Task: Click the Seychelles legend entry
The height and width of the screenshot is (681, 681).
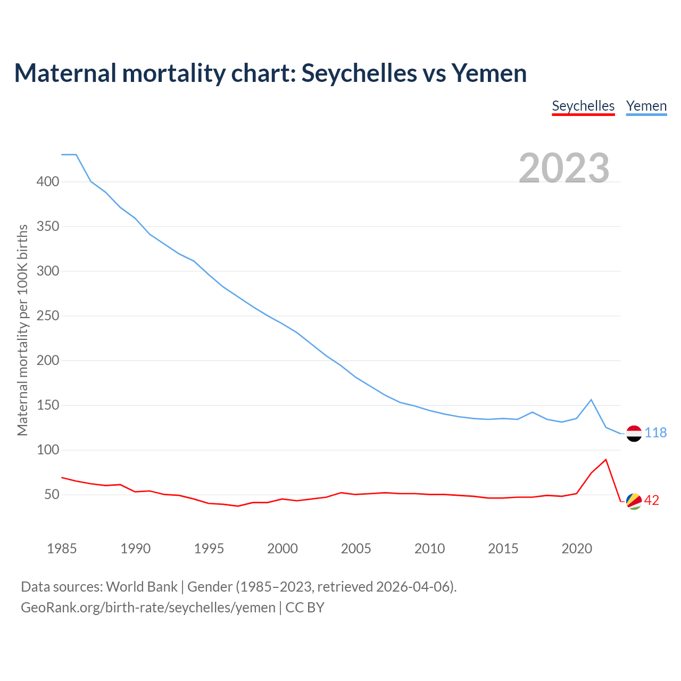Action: (x=583, y=106)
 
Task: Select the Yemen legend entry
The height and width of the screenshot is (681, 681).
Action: (x=646, y=106)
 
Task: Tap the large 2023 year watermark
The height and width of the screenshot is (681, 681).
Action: (x=564, y=168)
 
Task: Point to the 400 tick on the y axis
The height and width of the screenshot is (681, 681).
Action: (x=48, y=182)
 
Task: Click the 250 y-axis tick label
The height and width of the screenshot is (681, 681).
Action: (x=48, y=316)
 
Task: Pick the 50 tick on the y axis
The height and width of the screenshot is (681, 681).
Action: (x=52, y=495)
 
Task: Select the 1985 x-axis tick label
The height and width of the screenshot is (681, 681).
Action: (x=62, y=549)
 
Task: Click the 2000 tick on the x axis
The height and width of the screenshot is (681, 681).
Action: (x=283, y=549)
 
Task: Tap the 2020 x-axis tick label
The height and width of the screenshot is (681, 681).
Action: (x=577, y=549)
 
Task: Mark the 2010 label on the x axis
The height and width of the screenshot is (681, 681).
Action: (x=429, y=549)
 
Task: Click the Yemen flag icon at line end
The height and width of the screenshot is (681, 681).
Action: (x=634, y=434)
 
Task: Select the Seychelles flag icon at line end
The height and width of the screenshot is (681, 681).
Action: (x=634, y=501)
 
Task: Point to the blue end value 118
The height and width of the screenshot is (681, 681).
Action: (x=655, y=433)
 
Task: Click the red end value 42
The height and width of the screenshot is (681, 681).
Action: (x=652, y=501)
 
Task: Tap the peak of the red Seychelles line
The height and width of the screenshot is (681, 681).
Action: (x=605, y=460)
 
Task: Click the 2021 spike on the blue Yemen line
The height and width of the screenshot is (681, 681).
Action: (x=591, y=400)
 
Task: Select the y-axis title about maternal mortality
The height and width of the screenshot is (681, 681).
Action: (x=22, y=330)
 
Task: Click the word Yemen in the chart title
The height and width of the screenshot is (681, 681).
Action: (x=489, y=73)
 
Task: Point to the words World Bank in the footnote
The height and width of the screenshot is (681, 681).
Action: (x=142, y=587)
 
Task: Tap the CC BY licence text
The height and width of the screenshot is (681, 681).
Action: (x=305, y=608)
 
